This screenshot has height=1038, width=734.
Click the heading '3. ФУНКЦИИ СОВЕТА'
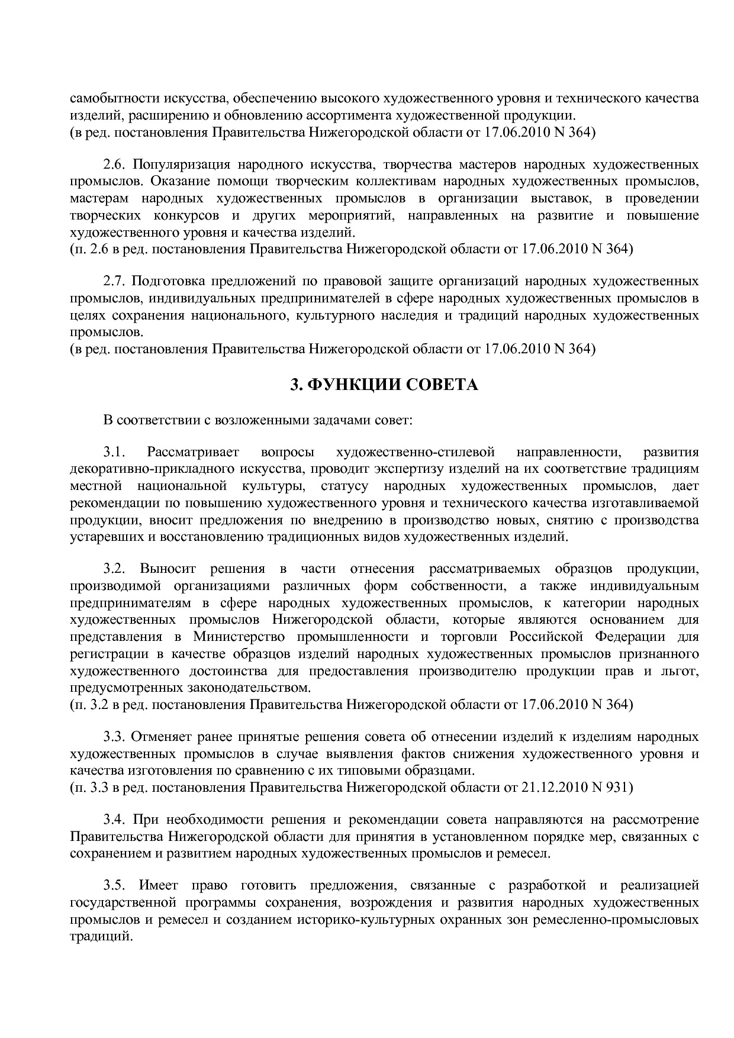(384, 386)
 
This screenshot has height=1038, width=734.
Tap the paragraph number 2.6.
(113, 163)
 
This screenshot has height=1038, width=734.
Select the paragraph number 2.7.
(113, 281)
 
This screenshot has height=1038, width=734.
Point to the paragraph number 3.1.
(113, 453)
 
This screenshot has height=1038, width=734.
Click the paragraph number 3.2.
(113, 569)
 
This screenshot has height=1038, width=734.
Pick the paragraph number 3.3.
(113, 737)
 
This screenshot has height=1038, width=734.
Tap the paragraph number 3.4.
(113, 820)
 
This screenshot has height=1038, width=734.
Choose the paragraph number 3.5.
(113, 886)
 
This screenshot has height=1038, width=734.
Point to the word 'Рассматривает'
(193, 453)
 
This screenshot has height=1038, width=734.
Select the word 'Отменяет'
(157, 737)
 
